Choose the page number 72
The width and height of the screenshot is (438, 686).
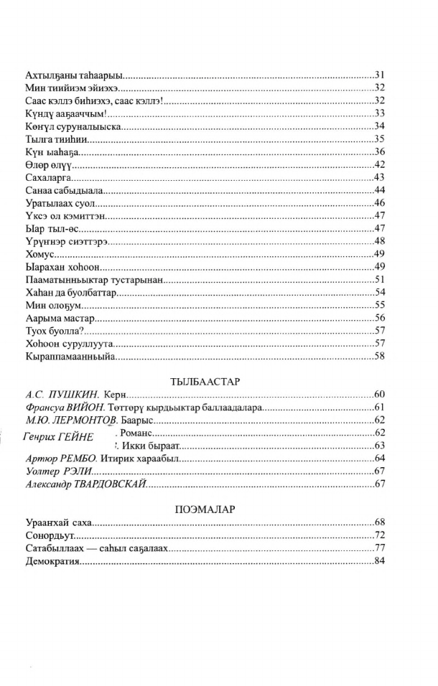[x=381, y=535]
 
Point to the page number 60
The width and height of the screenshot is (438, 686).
[x=381, y=395]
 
